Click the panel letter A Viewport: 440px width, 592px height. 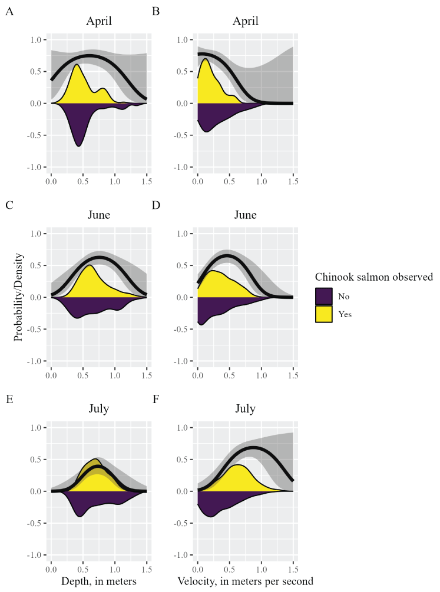[9, 11]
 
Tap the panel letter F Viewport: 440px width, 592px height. [156, 399]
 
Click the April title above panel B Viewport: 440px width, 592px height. [245, 22]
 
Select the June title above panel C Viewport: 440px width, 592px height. [99, 215]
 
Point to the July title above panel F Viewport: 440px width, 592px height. [245, 410]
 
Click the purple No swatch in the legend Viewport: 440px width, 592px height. [325, 297]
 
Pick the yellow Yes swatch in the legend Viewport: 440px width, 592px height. [325, 314]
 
